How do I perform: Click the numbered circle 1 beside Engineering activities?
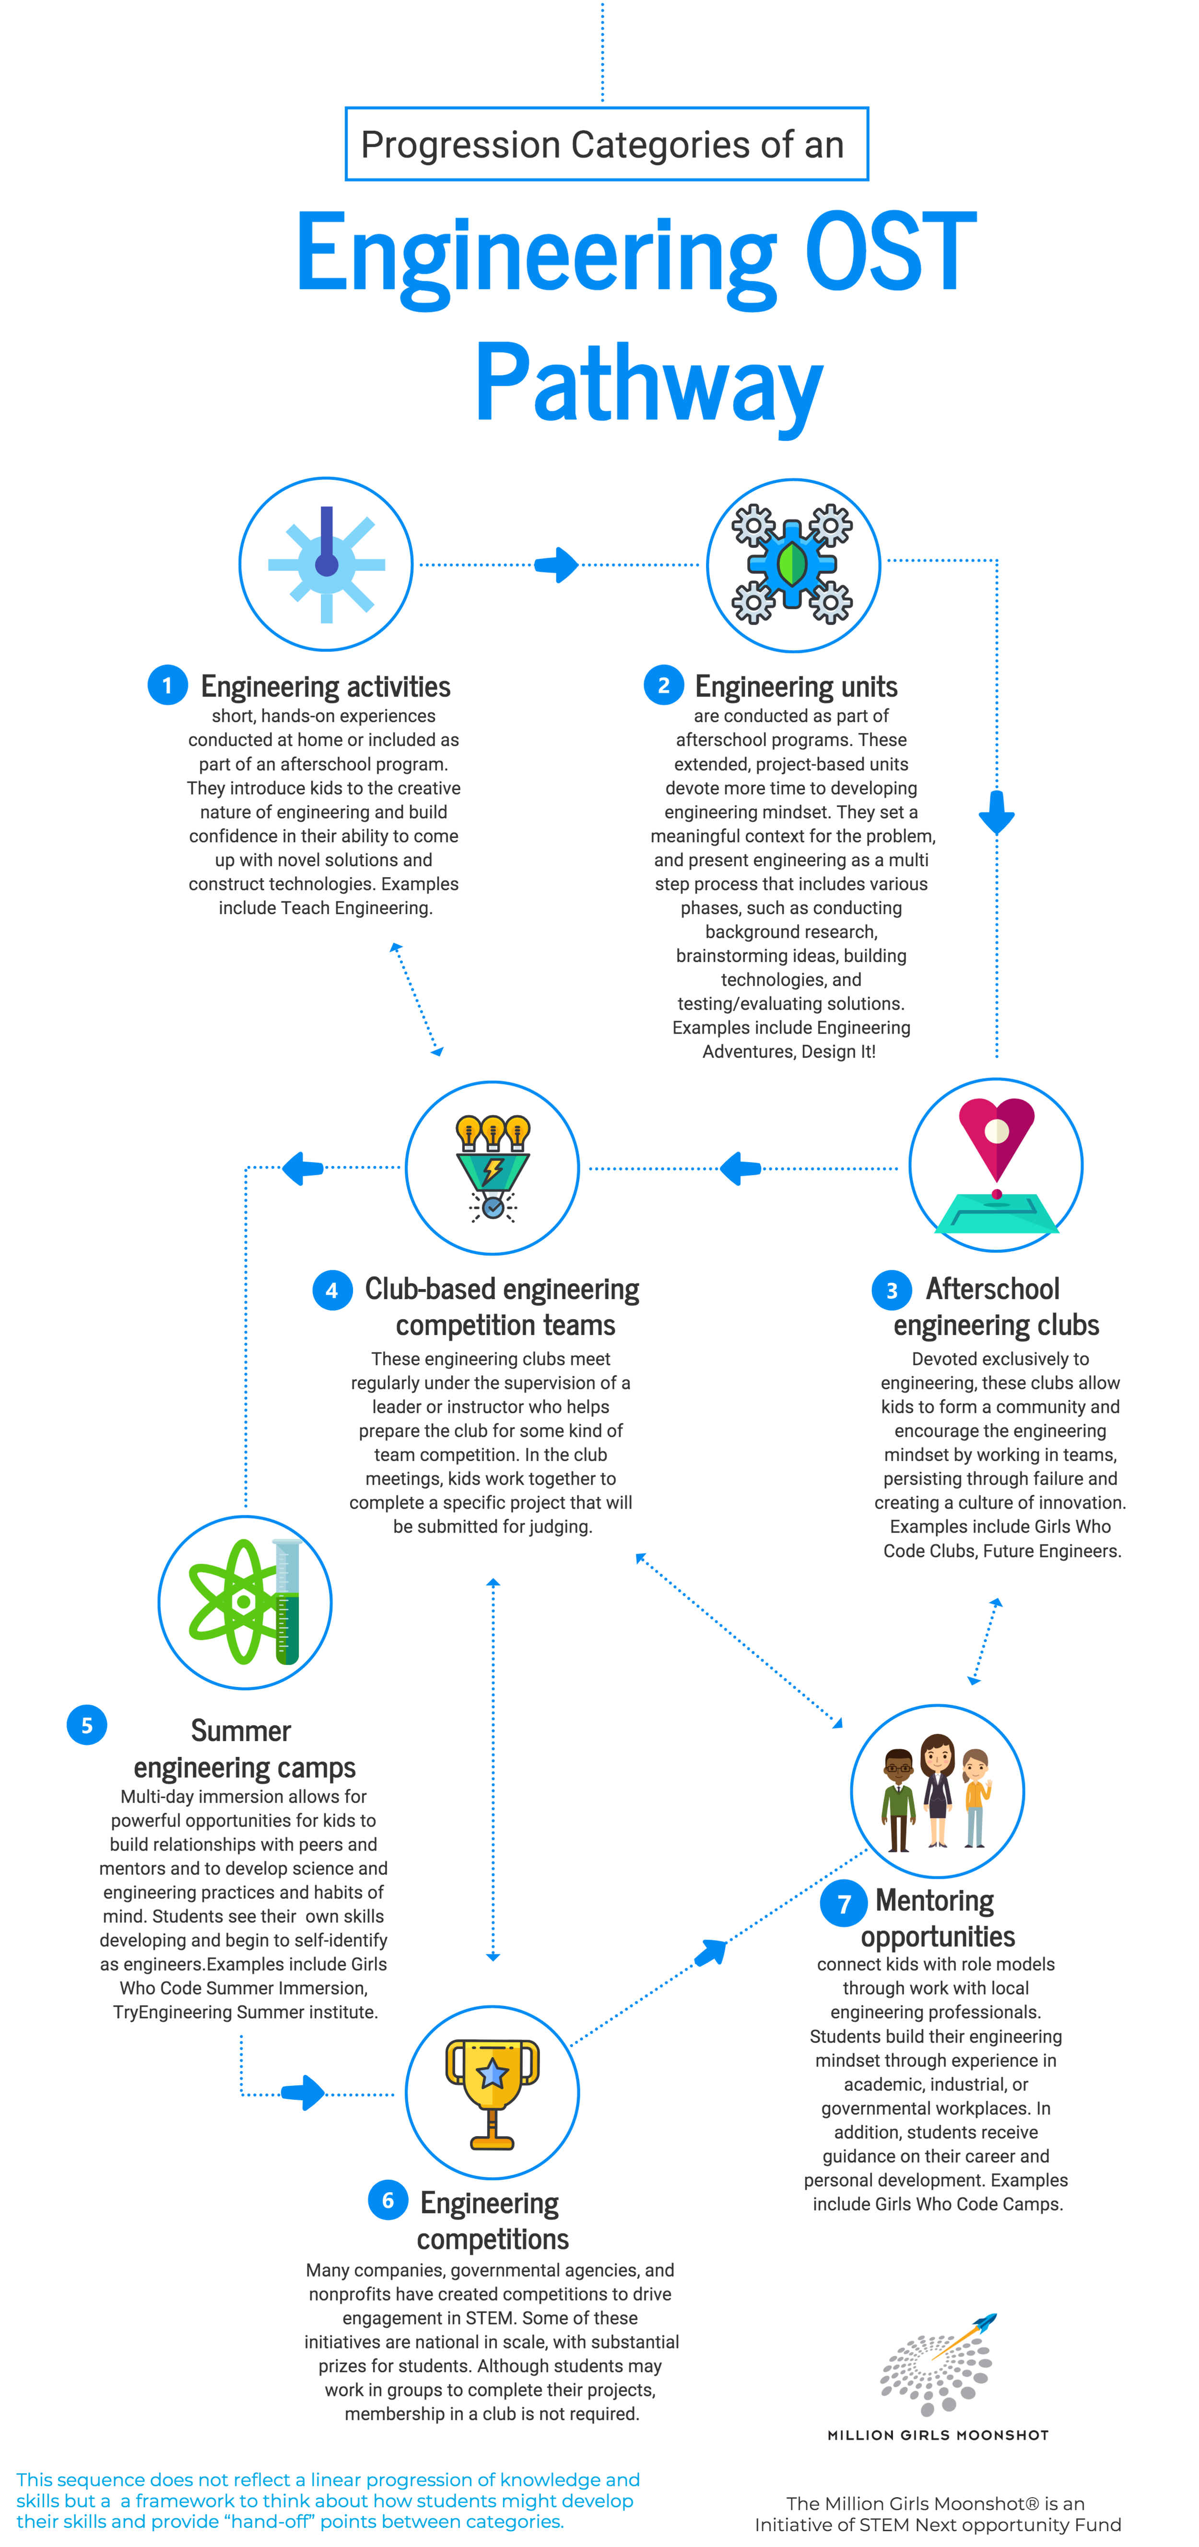click(167, 685)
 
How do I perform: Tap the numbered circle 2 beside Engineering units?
click(664, 685)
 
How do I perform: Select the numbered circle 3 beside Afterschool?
click(891, 1291)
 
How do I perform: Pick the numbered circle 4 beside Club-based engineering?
click(332, 1291)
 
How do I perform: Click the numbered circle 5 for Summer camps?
click(87, 1725)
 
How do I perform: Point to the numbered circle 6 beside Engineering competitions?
click(388, 2200)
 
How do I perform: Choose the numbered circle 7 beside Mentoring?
click(844, 1904)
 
